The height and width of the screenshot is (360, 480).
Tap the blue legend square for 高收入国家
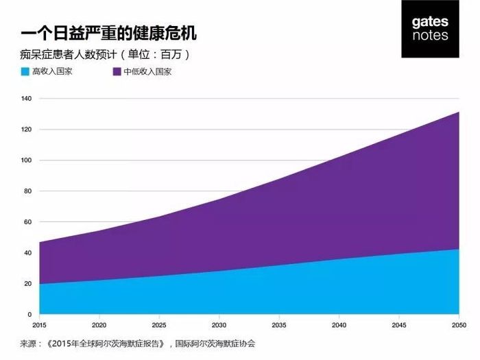pyautogui.click(x=25, y=71)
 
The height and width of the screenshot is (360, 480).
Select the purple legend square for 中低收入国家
pyautogui.click(x=116, y=71)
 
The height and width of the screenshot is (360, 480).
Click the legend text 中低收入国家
pyautogui.click(x=147, y=71)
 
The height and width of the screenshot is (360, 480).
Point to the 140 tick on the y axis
pyautogui.click(x=27, y=99)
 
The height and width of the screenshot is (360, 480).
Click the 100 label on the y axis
pyautogui.click(x=27, y=160)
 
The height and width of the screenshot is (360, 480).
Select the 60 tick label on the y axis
pyautogui.click(x=28, y=222)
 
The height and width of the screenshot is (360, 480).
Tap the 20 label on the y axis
pyautogui.click(x=28, y=284)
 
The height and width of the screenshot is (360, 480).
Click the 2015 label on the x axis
pyautogui.click(x=39, y=324)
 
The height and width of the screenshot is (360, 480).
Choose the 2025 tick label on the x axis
pyautogui.click(x=159, y=324)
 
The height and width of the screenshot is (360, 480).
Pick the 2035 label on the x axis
pyautogui.click(x=279, y=324)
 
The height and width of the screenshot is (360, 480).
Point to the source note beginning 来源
pyautogui.click(x=138, y=343)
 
